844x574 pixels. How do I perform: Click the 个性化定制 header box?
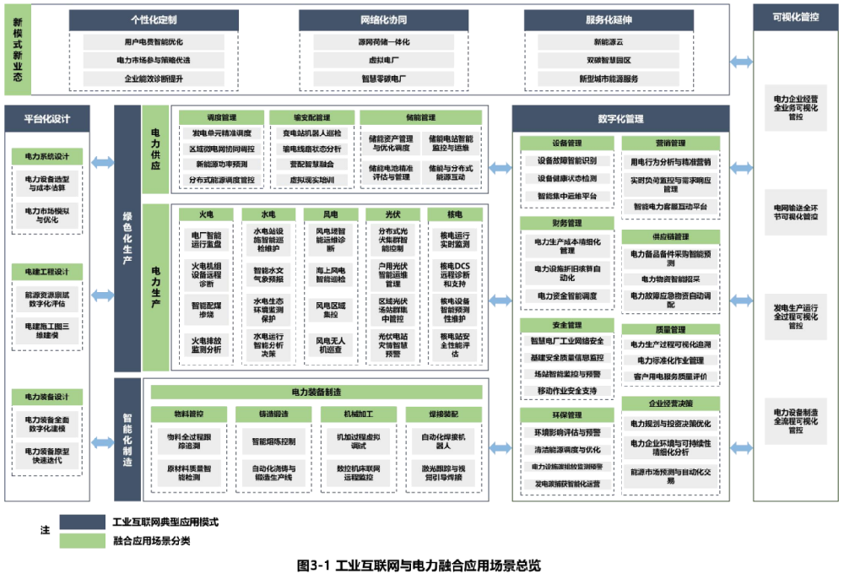click(x=154, y=19)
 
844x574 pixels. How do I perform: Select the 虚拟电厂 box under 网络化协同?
click(x=384, y=60)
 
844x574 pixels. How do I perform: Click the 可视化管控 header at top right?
click(x=795, y=17)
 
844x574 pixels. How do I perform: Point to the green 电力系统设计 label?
click(x=47, y=156)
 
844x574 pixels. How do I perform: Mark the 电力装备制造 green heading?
click(x=316, y=392)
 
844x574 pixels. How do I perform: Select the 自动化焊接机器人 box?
click(x=437, y=443)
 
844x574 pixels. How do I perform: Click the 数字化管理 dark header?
click(x=620, y=119)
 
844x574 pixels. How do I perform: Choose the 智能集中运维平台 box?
click(x=566, y=196)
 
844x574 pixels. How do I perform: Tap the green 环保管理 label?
click(x=566, y=415)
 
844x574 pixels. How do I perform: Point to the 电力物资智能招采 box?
click(x=671, y=279)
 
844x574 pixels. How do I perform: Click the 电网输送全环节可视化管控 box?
click(x=795, y=211)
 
